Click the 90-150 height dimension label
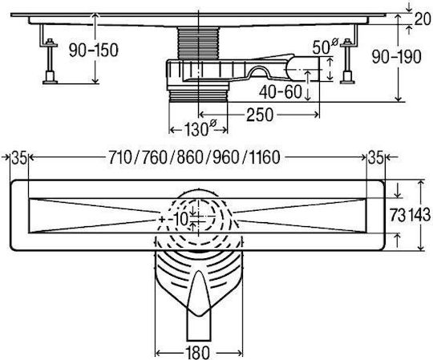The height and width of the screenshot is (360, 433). coord(93,51)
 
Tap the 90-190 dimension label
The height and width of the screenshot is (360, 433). coord(396,57)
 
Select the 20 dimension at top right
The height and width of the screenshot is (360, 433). coord(423,19)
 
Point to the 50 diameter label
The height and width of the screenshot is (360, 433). coord(325,47)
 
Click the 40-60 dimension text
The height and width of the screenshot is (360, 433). coord(280,92)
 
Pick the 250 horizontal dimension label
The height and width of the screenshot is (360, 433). coord(260,115)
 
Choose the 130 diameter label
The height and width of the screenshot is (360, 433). coord(200,129)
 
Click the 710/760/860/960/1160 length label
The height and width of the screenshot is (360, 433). coord(194,158)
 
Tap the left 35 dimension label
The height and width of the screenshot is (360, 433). coord(18,158)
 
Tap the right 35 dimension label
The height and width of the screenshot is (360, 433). coord(375,158)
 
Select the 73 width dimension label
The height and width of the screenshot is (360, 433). coord(398,215)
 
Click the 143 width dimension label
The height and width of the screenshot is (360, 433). coord(419,215)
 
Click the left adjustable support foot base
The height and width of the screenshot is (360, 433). coord(50,82)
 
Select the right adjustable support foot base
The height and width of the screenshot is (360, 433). coord(347,82)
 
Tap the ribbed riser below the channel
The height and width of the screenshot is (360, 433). coord(198,42)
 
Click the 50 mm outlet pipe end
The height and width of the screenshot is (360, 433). coord(302,69)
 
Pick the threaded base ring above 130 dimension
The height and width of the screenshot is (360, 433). coord(198,95)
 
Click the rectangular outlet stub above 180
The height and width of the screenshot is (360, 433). coord(199,326)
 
